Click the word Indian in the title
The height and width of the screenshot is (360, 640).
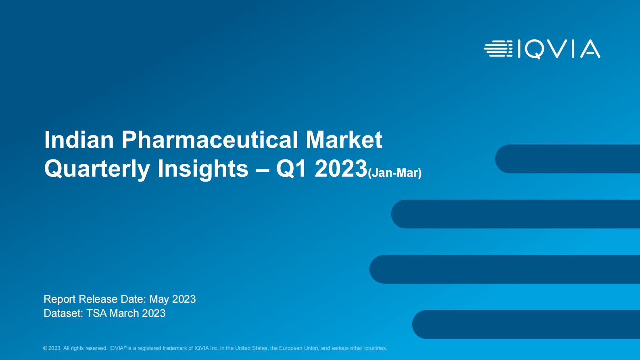pos(79,140)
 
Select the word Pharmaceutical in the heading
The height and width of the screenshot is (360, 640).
pos(209,140)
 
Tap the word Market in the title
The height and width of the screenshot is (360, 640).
pos(344,140)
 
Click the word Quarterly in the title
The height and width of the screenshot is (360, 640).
pos(97,169)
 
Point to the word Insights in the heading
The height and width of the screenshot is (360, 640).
pos(203,169)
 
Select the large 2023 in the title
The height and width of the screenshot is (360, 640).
pos(341,168)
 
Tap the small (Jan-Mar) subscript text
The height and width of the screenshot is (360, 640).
pos(395,173)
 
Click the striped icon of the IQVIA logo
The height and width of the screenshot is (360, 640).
pos(498,48)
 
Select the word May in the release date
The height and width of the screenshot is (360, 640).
pos(159,299)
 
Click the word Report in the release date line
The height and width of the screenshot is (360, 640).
pos(60,299)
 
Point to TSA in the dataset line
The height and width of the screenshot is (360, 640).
pos(96,314)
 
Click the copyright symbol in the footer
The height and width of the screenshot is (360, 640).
pos(45,348)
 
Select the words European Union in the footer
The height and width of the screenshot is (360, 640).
pos(298,348)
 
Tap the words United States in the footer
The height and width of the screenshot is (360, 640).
pos(251,348)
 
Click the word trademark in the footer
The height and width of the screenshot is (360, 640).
pos(175,348)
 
